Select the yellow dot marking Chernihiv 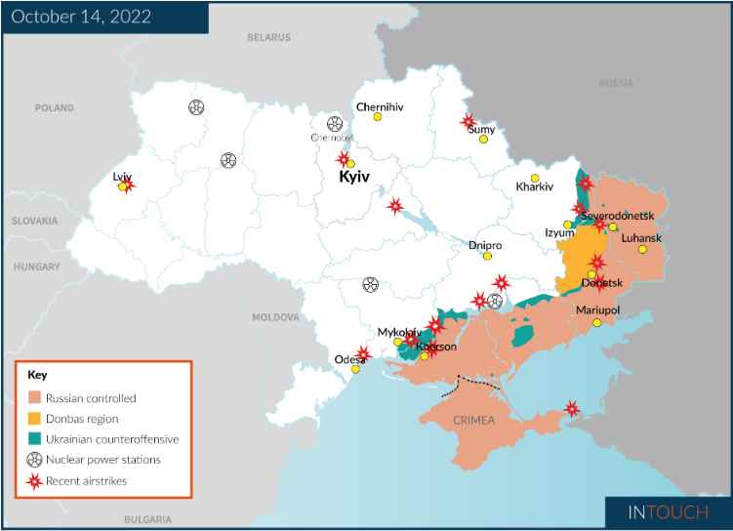(x=378, y=117)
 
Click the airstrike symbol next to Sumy (x=468, y=121)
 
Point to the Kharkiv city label (x=534, y=186)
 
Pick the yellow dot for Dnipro (x=487, y=256)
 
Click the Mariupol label (x=597, y=309)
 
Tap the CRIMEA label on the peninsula (x=473, y=421)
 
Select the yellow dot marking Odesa (x=355, y=369)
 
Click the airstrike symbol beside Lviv (x=127, y=184)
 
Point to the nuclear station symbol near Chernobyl (x=335, y=124)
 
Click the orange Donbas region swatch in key (x=35, y=419)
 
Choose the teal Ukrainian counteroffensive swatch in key (x=35, y=439)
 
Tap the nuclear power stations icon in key (x=35, y=459)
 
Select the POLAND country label (x=54, y=108)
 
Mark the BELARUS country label (x=268, y=38)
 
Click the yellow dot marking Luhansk (x=642, y=250)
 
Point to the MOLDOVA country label (x=276, y=317)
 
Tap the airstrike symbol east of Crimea (x=573, y=409)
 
